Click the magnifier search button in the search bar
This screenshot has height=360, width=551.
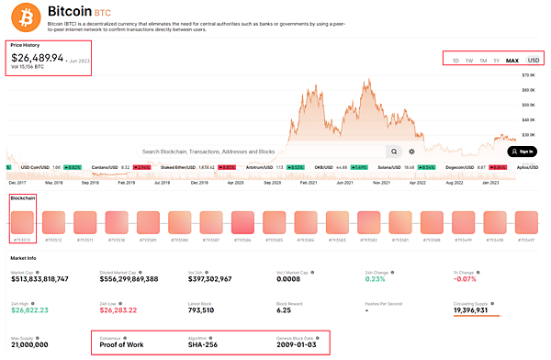point(393,151)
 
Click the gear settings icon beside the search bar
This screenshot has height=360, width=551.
point(412,151)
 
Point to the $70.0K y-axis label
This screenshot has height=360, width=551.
point(528,75)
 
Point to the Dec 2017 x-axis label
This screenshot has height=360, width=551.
point(18,182)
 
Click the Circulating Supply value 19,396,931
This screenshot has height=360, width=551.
point(478,311)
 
